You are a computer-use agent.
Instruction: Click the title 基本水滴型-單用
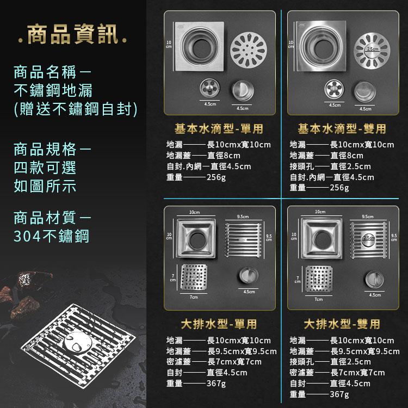219,129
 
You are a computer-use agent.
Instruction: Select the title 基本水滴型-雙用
342,129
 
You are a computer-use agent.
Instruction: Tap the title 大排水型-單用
219,325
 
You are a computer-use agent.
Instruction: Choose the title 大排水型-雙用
342,325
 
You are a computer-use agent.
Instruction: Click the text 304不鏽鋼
52,236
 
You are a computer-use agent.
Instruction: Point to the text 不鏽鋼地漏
53,90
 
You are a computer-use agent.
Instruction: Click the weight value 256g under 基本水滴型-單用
216,177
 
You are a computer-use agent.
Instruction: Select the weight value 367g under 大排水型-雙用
339,394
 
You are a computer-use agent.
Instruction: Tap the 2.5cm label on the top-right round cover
373,50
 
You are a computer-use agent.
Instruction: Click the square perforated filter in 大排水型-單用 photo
194,277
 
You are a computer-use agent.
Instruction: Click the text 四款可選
45,168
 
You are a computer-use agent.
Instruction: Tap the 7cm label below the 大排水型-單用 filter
194,298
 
